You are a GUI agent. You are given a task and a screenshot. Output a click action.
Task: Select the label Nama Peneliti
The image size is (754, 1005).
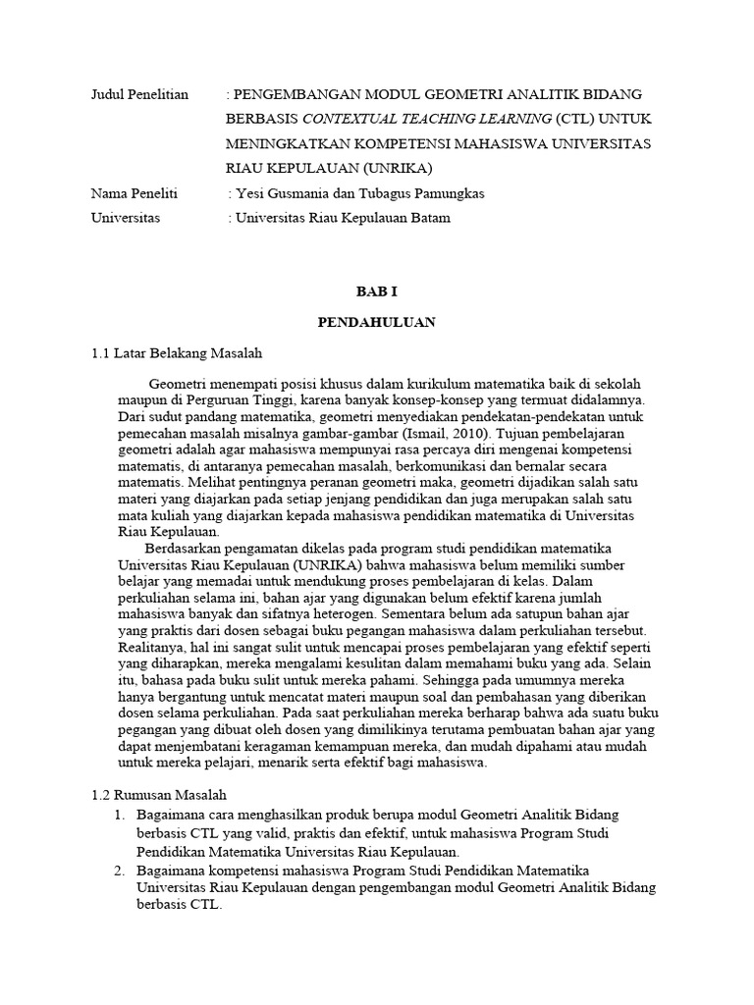[134, 193]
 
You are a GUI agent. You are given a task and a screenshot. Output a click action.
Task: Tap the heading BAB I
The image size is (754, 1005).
[376, 291]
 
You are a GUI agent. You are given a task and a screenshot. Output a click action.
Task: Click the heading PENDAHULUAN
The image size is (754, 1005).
[376, 322]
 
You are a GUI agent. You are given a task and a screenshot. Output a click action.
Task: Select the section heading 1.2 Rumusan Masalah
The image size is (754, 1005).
[158, 795]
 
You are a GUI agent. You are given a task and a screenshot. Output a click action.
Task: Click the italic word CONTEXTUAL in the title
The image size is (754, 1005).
[349, 119]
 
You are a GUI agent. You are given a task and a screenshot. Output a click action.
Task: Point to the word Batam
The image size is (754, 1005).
[428, 218]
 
